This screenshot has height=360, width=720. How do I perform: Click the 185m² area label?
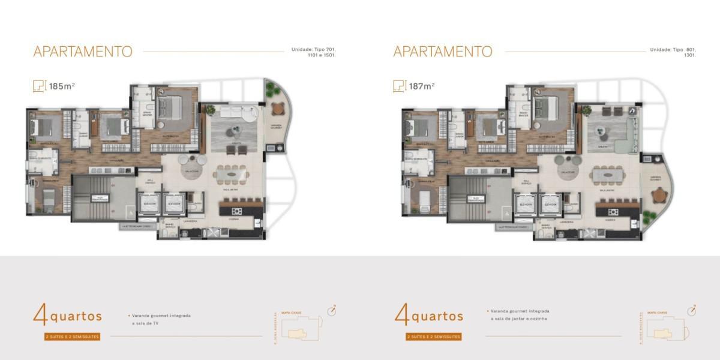pyautogui.click(x=62, y=86)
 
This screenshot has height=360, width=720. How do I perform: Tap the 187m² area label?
pyautogui.click(x=422, y=86)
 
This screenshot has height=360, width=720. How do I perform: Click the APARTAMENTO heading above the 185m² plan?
pyautogui.click(x=83, y=52)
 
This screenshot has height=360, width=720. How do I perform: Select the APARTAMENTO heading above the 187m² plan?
pyautogui.click(x=443, y=52)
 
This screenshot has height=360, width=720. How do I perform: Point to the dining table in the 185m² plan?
pyautogui.click(x=232, y=173)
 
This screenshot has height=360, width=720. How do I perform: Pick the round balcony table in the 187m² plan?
pyautogui.click(x=659, y=195)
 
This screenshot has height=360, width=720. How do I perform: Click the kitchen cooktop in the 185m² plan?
pyautogui.click(x=235, y=211)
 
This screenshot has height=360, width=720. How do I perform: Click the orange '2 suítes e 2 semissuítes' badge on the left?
pyautogui.click(x=72, y=337)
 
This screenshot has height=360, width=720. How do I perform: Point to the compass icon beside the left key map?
pyautogui.click(x=332, y=310)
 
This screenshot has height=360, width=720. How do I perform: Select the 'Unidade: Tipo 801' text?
pyautogui.click(x=672, y=50)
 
